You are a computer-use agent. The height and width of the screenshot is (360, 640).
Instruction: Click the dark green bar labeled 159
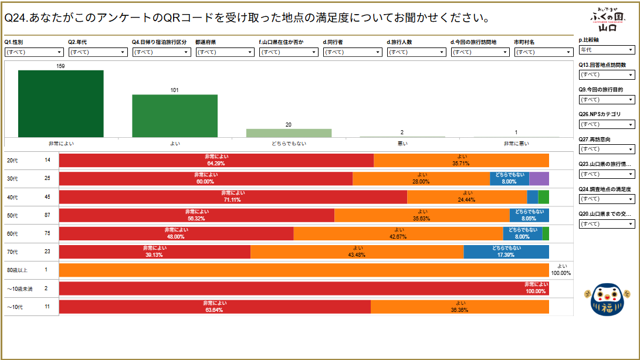(60, 103)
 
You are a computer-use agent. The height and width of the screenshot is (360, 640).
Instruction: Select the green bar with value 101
(174, 116)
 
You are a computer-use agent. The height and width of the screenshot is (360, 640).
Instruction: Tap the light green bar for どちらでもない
(289, 133)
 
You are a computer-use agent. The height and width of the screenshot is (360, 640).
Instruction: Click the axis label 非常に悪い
(516, 143)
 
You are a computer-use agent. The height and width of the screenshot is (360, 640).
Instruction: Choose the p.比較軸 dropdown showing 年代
(607, 50)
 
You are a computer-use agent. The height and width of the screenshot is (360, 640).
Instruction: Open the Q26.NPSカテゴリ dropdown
(607, 124)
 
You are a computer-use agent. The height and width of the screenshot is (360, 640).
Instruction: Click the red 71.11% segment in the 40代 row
(233, 197)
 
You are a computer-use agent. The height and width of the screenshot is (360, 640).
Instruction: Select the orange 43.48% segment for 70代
(357, 252)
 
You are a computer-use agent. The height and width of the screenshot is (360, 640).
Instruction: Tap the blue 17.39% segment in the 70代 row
(506, 252)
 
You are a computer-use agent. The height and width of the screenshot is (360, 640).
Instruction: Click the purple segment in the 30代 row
(539, 179)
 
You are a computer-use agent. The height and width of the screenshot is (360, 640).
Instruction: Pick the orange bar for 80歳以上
(304, 270)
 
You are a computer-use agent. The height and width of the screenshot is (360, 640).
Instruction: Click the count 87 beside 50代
(48, 215)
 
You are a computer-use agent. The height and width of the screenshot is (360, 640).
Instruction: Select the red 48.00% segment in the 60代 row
(176, 233)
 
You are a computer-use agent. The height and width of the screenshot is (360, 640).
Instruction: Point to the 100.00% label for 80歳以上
(561, 273)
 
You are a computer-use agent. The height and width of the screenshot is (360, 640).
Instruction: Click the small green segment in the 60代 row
(546, 233)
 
